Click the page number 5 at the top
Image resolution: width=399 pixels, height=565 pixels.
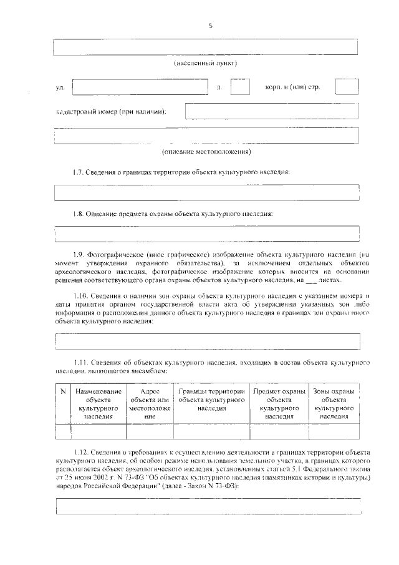[210, 26]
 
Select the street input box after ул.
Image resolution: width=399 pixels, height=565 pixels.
[140, 87]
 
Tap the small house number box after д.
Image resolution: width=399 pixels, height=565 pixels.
[240, 87]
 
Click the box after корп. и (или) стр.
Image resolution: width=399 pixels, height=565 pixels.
[347, 87]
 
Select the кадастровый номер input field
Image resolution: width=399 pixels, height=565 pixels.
[272, 111]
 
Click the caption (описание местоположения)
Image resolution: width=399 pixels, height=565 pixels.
[206, 152]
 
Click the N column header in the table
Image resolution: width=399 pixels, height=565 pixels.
[63, 391]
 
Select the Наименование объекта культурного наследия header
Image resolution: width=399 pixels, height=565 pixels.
[99, 403]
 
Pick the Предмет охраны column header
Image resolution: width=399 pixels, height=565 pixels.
[279, 403]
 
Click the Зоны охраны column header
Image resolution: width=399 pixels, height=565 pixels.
[334, 403]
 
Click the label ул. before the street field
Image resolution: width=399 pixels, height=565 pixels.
[60, 87]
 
